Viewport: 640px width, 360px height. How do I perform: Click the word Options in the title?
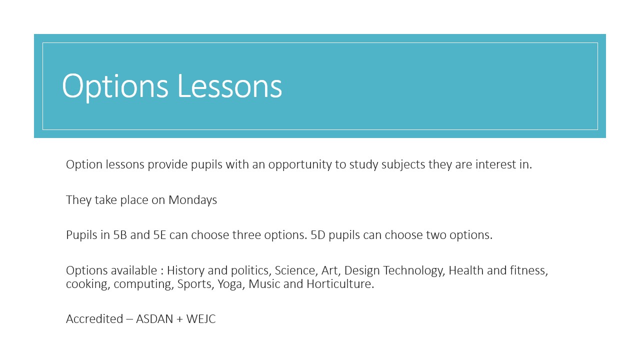point(115,86)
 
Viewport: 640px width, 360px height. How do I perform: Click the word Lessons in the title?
point(229,85)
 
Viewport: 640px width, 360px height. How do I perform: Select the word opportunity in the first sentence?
point(300,165)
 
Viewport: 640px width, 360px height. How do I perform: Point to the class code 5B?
point(120,235)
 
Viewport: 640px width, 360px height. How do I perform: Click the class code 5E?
point(159,235)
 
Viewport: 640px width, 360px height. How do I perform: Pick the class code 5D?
point(317,235)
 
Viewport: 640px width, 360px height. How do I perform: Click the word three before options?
point(246,235)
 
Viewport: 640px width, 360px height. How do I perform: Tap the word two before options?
point(436,235)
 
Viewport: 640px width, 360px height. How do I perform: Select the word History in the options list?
point(185,271)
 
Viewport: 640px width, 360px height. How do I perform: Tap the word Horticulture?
point(340,284)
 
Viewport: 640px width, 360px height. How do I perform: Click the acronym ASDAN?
point(154,319)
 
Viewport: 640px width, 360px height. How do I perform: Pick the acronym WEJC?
point(201,319)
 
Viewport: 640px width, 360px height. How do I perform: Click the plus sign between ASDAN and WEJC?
point(179,319)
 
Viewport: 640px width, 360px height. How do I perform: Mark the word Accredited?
point(94,319)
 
